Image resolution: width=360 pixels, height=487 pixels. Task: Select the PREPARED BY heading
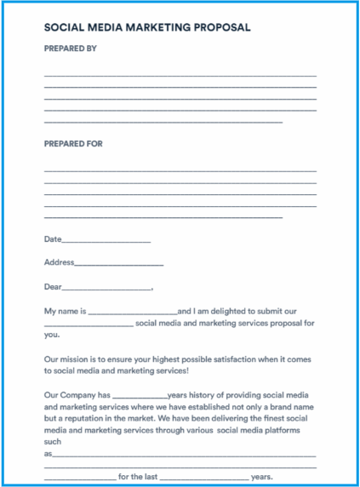[71, 49]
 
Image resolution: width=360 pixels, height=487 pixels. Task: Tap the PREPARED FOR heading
[73, 144]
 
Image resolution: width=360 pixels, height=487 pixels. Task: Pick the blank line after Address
[119, 264]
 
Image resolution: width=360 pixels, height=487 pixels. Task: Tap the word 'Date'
[53, 239]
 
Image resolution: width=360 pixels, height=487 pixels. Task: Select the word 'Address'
[59, 262]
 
